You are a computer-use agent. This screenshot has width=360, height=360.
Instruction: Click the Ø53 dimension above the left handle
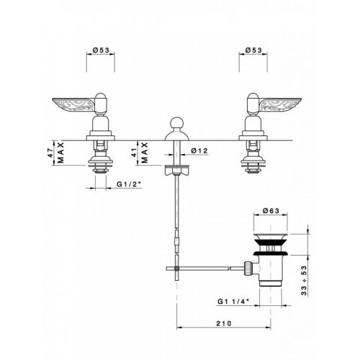click(x=101, y=50)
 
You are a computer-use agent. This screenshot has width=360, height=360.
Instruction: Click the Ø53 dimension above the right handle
click(x=253, y=50)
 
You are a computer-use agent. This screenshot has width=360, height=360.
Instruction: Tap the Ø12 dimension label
click(x=199, y=150)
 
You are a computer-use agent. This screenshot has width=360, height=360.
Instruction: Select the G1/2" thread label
click(x=129, y=184)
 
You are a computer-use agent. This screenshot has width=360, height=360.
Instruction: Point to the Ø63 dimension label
click(x=271, y=210)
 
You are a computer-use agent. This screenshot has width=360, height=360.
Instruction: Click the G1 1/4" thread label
click(x=233, y=302)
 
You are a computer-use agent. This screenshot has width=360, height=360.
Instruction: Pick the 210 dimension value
click(x=224, y=323)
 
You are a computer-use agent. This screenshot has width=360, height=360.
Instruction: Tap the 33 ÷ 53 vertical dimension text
click(x=304, y=281)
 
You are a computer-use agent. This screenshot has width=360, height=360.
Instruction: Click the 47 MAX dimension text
click(x=55, y=153)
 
